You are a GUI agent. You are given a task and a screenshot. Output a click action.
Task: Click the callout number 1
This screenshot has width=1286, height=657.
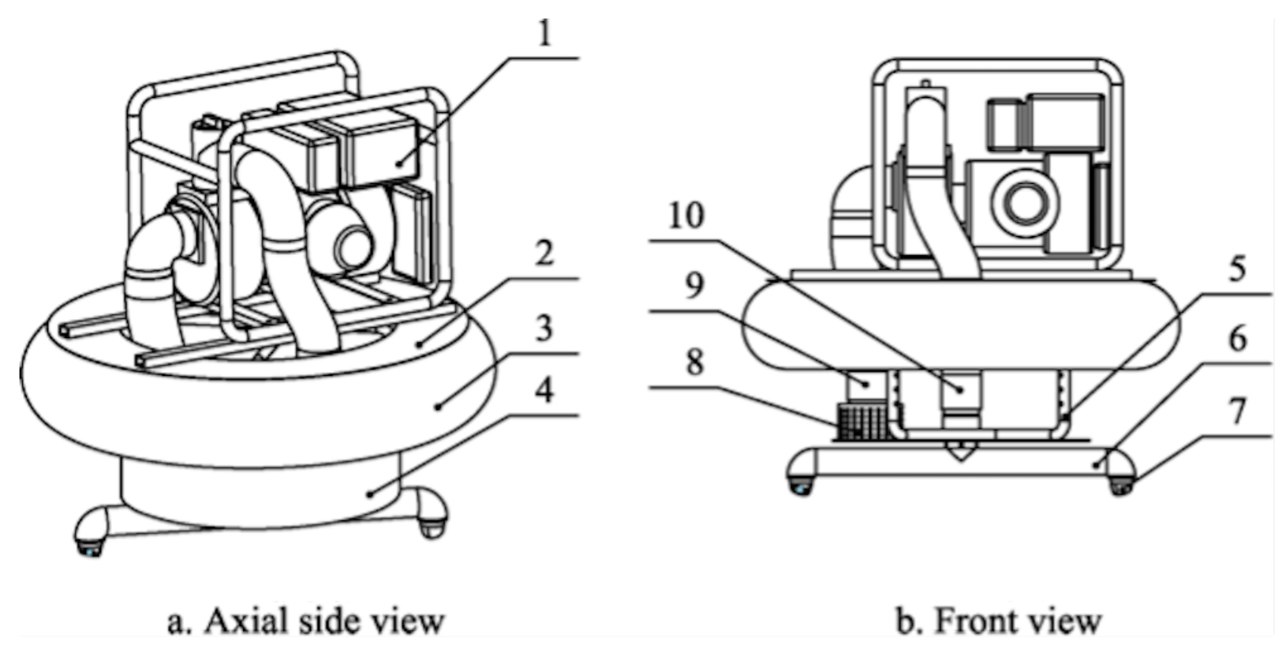[x=544, y=34]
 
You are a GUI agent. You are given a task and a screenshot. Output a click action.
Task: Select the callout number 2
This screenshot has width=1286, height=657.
[x=544, y=253]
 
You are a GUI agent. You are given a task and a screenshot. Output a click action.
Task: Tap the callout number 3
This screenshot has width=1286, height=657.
[x=544, y=328]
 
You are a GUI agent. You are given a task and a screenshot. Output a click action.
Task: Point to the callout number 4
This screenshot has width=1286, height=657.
[x=544, y=391]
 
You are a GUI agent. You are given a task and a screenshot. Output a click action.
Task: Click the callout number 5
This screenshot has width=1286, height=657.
[x=1237, y=269]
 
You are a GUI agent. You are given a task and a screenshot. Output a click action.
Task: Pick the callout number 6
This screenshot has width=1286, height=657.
[x=1237, y=339]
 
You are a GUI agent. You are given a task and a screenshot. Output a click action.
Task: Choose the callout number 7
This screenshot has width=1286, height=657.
[x=1237, y=411]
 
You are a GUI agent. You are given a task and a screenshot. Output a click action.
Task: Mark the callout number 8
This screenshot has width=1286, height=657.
[x=693, y=365]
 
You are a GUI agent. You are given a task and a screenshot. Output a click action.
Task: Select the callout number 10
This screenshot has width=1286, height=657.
[x=686, y=215]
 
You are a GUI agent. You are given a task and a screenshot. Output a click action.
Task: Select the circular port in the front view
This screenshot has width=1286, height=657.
[x=1025, y=203]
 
